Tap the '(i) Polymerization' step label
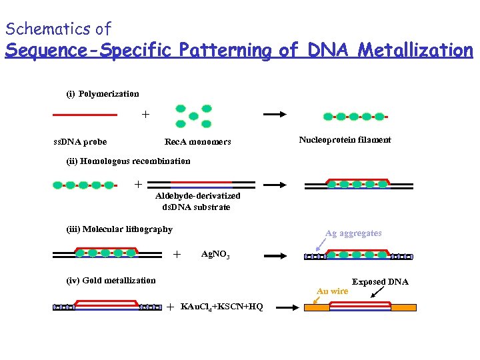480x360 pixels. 102,94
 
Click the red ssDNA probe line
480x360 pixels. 85,115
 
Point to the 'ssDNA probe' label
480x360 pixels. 80,141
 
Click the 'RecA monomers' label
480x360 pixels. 198,141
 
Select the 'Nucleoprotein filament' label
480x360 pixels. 345,140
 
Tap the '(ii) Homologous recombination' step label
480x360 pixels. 128,161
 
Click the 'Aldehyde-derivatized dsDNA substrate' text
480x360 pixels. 197,201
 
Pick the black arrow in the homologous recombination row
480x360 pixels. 276,185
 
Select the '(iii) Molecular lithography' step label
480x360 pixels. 119,229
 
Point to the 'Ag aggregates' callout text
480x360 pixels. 353,233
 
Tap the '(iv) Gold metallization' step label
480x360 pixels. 111,281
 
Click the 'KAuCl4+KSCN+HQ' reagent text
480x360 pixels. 221,307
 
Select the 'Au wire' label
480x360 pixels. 332,291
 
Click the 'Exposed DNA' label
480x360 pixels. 380,282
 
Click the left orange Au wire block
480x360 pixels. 315,308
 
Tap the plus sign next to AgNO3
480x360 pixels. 177,254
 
